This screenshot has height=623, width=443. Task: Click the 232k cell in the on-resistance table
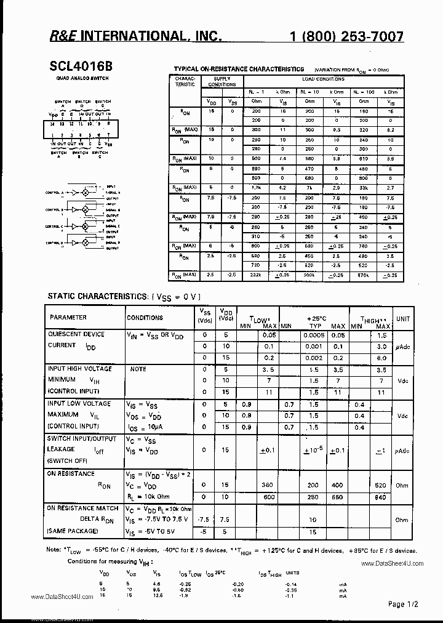[256, 275]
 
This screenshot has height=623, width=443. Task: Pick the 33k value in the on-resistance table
[364, 187]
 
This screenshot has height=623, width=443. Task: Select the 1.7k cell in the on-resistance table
[256, 187]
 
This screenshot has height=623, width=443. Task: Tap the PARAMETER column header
[68, 318]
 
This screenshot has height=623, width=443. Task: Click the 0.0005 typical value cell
[314, 335]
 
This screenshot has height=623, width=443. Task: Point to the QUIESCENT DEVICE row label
[76, 334]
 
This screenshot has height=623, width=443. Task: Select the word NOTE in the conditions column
[138, 369]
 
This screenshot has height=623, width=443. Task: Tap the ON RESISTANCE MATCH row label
[80, 508]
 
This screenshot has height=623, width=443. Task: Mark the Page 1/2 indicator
[404, 604]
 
